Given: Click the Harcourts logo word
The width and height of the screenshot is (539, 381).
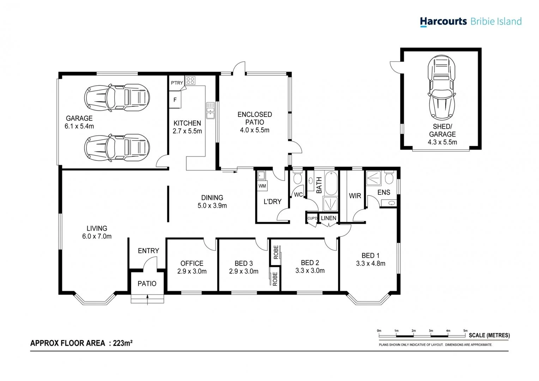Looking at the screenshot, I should (443, 22).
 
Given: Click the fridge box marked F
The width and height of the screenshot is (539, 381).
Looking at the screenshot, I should (175, 100).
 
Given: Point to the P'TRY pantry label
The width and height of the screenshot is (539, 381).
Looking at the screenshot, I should (177, 83).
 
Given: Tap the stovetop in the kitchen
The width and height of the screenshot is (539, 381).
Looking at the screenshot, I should (190, 80).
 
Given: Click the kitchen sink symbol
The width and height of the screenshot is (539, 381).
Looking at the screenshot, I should (210, 110).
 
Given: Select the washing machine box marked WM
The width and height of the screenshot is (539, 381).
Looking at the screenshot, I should (262, 186).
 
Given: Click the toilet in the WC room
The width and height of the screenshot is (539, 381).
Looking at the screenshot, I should (297, 178).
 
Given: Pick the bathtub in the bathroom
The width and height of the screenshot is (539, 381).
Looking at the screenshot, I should (331, 183).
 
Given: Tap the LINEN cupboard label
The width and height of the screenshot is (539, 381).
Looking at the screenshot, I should (328, 218).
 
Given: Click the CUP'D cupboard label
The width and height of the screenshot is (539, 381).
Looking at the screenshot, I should (312, 218).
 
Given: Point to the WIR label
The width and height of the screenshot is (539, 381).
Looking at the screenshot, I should (355, 196).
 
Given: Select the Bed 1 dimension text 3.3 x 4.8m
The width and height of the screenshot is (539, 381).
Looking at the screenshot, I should (370, 264).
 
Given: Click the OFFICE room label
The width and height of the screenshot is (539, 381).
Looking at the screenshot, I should (192, 263).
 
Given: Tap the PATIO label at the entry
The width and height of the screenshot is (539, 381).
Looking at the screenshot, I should (147, 284).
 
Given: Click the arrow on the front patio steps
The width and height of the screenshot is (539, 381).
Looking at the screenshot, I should (147, 300).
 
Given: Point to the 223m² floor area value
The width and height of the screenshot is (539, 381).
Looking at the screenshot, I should (123, 343).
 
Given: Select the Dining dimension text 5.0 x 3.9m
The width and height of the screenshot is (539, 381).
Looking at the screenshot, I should (212, 206).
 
